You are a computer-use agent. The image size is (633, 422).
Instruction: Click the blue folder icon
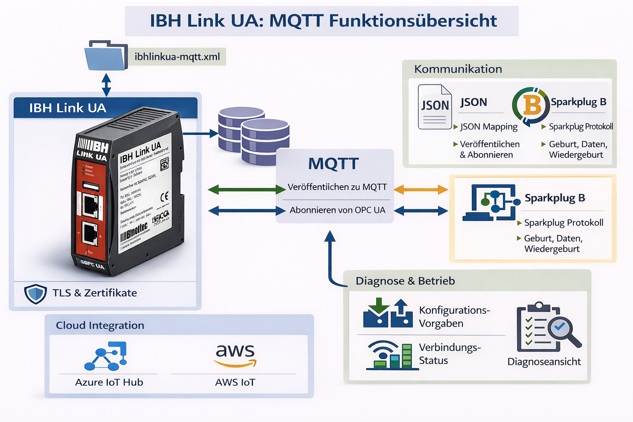tap(105, 56)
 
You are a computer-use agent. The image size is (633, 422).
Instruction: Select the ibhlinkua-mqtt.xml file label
tap(177, 57)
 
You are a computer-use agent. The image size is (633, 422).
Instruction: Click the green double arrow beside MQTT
tap(246, 190)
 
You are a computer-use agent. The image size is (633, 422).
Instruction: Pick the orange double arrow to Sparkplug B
tap(421, 190)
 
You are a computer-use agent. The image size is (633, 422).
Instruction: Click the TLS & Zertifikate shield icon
tap(35, 293)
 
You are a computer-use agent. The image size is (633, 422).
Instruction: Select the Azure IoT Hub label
tap(109, 382)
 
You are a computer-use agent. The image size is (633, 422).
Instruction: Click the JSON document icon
tap(434, 107)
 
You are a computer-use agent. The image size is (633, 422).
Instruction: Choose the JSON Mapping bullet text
tap(488, 127)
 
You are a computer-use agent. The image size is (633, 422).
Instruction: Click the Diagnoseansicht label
tap(544, 362)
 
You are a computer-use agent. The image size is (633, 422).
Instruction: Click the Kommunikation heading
tap(458, 69)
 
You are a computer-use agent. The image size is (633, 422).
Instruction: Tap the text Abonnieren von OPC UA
tap(337, 210)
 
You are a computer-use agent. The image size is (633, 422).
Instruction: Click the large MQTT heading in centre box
tap(333, 164)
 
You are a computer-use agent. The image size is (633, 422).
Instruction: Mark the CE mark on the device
tap(164, 197)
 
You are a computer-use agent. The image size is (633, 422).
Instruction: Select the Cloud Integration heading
tap(100, 326)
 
